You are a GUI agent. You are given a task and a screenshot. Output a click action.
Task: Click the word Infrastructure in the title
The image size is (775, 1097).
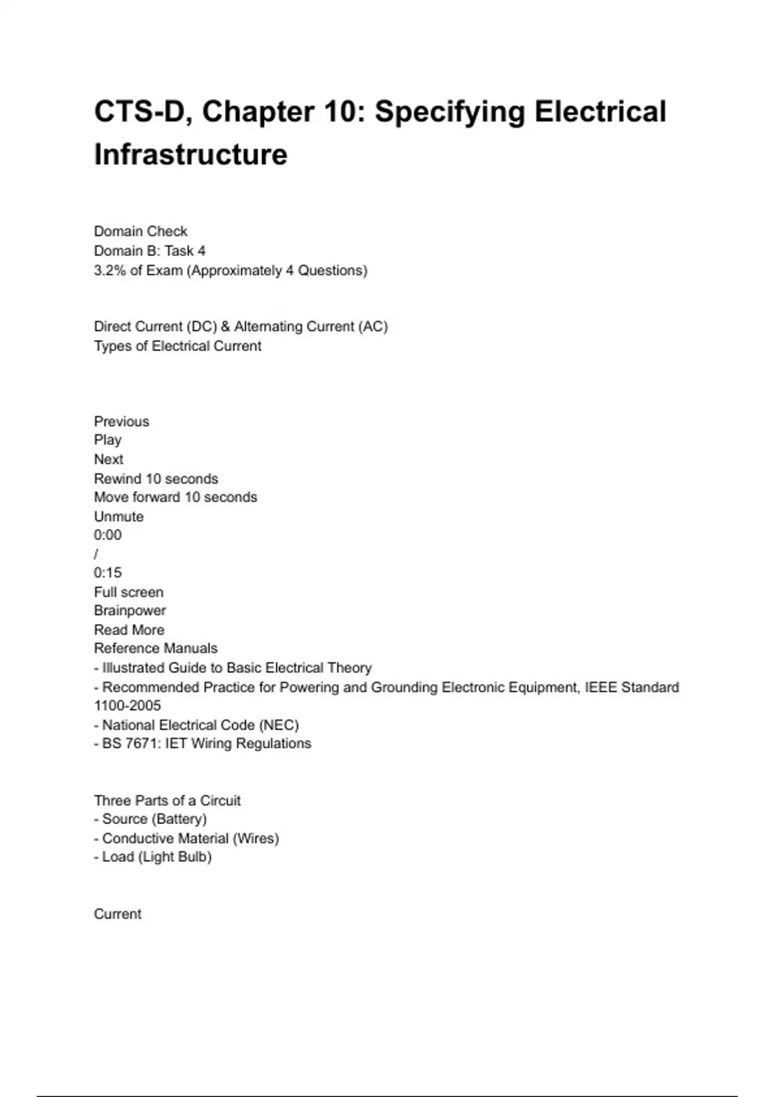[x=191, y=155]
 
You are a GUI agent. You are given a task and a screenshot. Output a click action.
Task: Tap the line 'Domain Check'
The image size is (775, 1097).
[x=141, y=232]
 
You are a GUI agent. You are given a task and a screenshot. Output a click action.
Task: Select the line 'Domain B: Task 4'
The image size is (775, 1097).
[x=150, y=251]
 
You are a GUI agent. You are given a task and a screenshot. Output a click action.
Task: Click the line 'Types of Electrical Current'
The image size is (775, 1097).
[x=178, y=347]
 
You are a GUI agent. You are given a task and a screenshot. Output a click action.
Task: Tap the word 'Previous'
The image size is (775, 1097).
[x=121, y=421]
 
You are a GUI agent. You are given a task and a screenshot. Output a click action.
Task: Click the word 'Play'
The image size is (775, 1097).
[x=108, y=440]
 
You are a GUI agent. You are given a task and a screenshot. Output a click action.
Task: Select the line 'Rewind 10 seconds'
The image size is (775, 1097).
[x=156, y=479]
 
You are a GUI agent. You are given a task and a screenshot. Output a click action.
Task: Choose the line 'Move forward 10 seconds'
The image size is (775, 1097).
[x=175, y=498]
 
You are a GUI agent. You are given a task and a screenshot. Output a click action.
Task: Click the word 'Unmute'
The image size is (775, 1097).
[x=119, y=517]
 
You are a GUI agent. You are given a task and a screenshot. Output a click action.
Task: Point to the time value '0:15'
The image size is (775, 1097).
[x=108, y=573]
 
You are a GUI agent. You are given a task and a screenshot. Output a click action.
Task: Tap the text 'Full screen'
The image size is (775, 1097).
[x=129, y=592]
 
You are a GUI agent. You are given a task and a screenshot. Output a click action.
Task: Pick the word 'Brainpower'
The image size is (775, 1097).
[x=130, y=610]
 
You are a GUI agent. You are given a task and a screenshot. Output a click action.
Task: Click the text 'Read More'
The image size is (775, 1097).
[x=129, y=630]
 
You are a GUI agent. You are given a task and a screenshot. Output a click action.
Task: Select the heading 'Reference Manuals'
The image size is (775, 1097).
[x=156, y=649]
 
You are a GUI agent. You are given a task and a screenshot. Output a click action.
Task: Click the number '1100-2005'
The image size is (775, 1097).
[x=127, y=706]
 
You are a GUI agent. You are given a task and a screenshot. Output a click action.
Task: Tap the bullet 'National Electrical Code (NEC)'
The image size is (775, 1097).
[x=200, y=725]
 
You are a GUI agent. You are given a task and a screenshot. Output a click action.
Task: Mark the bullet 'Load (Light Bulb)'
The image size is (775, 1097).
[x=156, y=857]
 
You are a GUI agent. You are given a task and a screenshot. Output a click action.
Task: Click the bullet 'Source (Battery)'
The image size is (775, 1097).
[x=154, y=820]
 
